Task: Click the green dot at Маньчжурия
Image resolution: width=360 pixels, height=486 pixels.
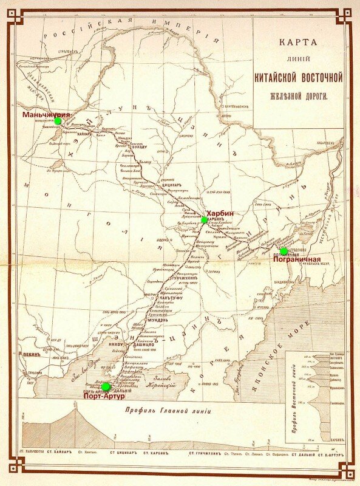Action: (58, 121)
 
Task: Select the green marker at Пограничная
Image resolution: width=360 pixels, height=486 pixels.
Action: (284, 252)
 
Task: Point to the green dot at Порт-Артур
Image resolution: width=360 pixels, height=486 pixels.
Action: (106, 387)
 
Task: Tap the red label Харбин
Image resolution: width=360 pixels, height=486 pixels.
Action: (220, 213)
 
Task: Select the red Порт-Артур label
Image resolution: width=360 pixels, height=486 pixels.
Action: (104, 396)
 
